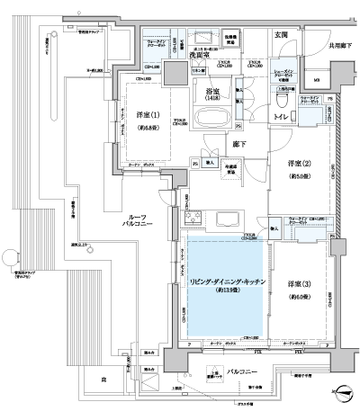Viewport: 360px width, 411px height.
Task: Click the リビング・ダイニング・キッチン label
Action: point(221,282)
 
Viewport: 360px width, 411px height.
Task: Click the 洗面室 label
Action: point(200,56)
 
